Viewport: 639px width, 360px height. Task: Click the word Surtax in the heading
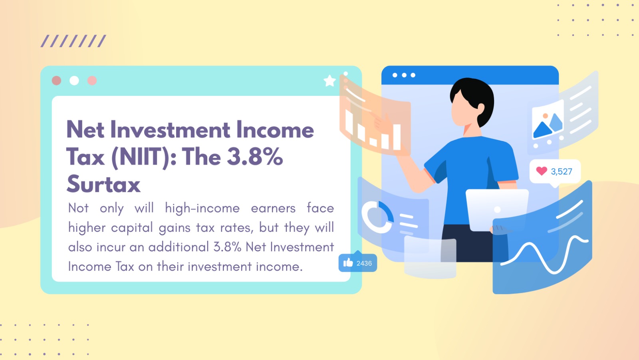pyautogui.click(x=103, y=184)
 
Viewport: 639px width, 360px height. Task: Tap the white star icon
pyautogui.click(x=329, y=81)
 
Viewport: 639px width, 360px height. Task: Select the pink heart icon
pyautogui.click(x=542, y=171)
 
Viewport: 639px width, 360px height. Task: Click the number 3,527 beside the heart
pyautogui.click(x=562, y=172)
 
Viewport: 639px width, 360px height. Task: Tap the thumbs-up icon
pyautogui.click(x=348, y=263)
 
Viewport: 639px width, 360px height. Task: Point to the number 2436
pyautogui.click(x=364, y=263)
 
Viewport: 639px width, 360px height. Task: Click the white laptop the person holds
pyautogui.click(x=497, y=209)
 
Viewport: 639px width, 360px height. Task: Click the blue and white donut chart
pyautogui.click(x=377, y=217)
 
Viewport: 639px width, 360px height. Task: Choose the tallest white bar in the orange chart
pyautogui.click(x=397, y=137)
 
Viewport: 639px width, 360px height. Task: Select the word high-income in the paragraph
pyautogui.click(x=202, y=208)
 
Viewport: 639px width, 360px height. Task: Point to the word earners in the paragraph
pyautogui.click(x=273, y=208)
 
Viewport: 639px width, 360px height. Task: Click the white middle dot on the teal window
pyautogui.click(x=74, y=81)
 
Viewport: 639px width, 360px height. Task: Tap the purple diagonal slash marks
pyautogui.click(x=73, y=41)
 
